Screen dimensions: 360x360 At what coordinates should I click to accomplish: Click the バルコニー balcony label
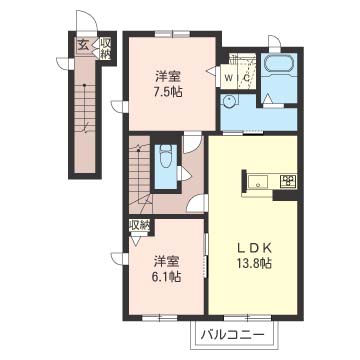click(232, 335)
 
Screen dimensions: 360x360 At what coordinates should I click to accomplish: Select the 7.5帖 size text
click(168, 92)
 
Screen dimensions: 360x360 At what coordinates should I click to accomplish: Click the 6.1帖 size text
click(167, 276)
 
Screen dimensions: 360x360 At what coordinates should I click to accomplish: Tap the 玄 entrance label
click(83, 45)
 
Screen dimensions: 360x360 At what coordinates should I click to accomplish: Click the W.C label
click(237, 78)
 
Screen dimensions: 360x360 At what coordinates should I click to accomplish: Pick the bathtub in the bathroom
click(278, 63)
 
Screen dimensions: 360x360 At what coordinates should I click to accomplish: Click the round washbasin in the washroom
click(230, 101)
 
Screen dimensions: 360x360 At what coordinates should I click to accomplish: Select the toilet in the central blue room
click(166, 156)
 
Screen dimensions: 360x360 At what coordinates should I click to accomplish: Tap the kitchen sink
click(257, 182)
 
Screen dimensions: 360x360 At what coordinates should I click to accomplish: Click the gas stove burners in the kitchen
click(289, 181)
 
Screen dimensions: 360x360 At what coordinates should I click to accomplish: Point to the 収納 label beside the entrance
click(105, 49)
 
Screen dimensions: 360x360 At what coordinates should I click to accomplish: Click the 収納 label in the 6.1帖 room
click(139, 226)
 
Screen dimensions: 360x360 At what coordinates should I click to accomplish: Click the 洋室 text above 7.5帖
click(168, 77)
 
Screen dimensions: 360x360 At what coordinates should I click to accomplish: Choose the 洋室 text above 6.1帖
click(167, 262)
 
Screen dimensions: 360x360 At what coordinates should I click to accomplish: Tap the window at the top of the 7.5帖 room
click(172, 33)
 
